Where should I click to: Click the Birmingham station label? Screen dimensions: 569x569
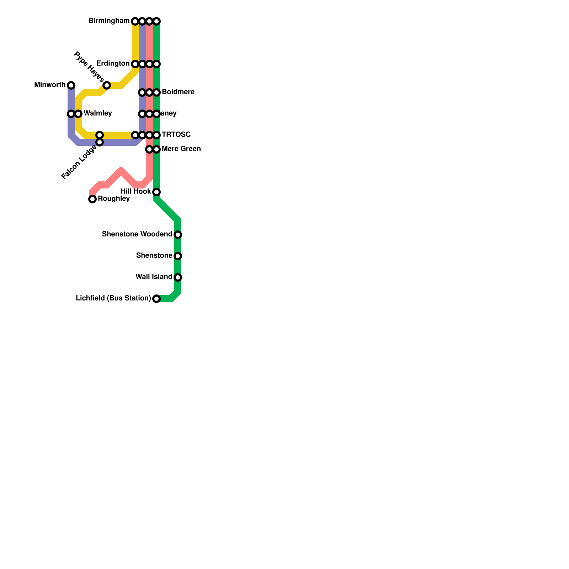[109, 21]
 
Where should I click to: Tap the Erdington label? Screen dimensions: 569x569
[113, 64]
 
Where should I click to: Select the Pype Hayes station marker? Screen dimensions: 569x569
[107, 85]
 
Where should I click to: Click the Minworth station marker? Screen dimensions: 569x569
[71, 85]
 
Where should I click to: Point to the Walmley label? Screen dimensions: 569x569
[98, 113]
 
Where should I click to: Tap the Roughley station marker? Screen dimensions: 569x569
[92, 199]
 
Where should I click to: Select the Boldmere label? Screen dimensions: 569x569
[178, 92]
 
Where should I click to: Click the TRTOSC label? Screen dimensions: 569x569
[176, 135]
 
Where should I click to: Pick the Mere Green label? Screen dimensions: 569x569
[181, 149]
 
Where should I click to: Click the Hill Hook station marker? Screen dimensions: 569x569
[156, 192]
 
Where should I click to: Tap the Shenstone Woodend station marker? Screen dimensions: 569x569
[178, 235]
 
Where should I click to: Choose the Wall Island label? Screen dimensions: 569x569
[154, 277]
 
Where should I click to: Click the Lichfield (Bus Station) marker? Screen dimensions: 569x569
[156, 299]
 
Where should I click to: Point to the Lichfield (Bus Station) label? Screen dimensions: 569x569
[113, 298]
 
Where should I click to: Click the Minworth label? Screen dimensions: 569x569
[50, 85]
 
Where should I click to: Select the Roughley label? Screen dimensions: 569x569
[114, 199]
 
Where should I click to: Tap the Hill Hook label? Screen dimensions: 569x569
[135, 192]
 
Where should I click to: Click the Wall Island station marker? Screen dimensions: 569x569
[178, 277]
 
